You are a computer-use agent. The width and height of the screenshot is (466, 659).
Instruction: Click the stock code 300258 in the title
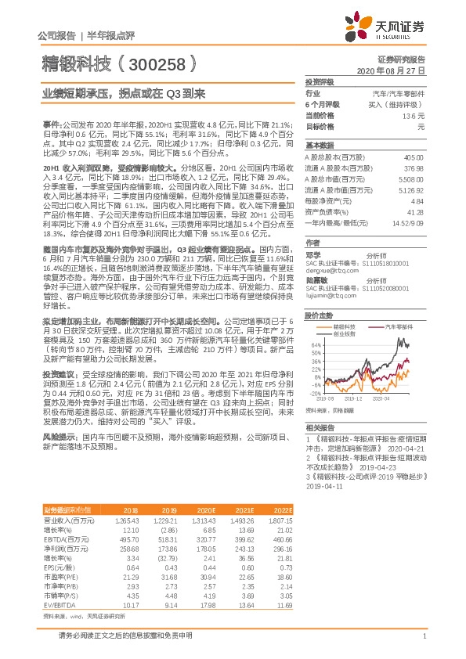tap(157, 62)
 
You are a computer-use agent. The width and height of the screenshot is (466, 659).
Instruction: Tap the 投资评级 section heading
tap(320, 81)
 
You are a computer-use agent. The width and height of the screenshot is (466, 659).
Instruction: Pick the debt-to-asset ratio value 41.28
tap(416, 211)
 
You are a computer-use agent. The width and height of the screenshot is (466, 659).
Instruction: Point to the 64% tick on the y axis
tap(315, 344)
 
